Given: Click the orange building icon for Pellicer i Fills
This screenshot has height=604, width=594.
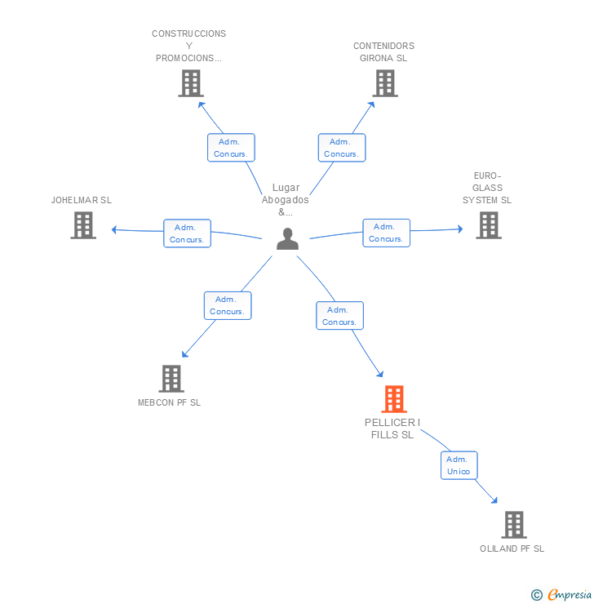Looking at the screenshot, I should click(x=394, y=399).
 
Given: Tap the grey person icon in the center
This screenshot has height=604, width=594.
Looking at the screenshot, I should click(x=287, y=239).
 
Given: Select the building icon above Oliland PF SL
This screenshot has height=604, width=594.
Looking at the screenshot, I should click(x=513, y=525).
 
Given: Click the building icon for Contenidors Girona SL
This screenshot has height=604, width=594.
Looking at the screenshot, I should click(x=385, y=83).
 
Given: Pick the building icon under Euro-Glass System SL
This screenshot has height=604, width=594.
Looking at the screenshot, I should click(x=489, y=225).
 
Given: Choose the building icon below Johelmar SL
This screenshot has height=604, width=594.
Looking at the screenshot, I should click(x=83, y=225).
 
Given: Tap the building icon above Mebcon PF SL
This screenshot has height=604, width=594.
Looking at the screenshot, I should click(x=171, y=379).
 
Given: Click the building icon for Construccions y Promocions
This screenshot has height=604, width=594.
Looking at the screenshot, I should click(x=190, y=83).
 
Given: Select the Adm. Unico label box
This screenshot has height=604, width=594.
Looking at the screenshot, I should click(x=459, y=465).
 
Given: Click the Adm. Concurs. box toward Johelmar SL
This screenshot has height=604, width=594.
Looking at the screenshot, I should click(x=188, y=233).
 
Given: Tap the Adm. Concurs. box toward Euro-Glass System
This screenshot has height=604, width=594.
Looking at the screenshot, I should click(x=386, y=233).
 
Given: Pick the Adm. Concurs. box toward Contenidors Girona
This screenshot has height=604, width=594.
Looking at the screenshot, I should click(x=341, y=148).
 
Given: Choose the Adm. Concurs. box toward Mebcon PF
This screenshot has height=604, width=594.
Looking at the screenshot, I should click(x=228, y=305).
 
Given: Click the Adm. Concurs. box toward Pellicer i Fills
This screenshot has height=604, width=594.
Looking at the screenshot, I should click(x=339, y=316).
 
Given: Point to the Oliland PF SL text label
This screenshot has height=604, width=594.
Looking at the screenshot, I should click(x=512, y=548).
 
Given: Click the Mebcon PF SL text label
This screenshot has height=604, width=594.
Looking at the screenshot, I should click(x=169, y=402).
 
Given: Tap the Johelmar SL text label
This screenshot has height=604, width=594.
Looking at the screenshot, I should click(x=82, y=200).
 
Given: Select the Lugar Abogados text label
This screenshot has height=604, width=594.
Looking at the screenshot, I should click(x=286, y=199).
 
